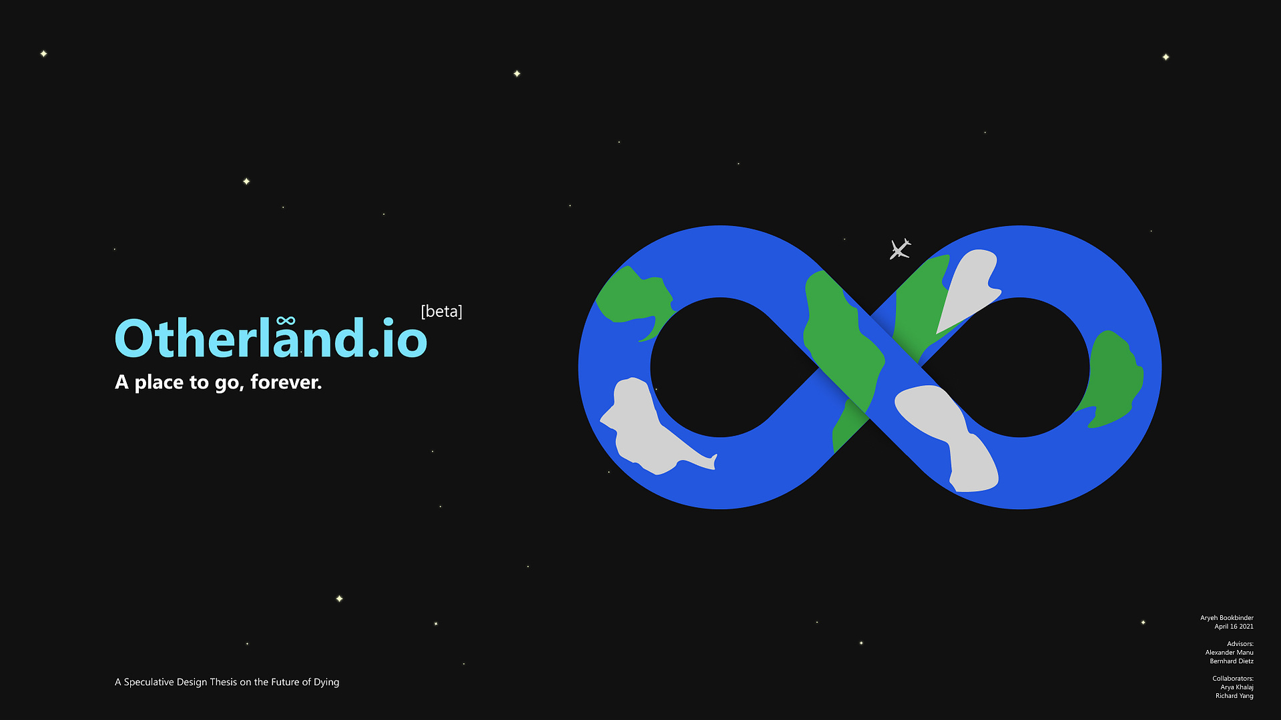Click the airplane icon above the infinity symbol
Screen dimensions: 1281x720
(900, 249)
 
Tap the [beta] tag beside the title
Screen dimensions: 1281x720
(441, 311)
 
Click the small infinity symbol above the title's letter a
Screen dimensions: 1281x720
(286, 321)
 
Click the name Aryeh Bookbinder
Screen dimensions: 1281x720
(1227, 618)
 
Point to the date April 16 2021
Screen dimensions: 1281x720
(1234, 627)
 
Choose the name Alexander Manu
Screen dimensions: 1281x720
(1230, 653)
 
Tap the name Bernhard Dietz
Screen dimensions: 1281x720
(1232, 661)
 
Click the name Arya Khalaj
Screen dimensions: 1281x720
(1237, 687)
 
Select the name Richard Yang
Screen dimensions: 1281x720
(1234, 696)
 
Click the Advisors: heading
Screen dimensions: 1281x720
(1240, 644)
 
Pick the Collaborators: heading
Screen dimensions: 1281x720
(1233, 679)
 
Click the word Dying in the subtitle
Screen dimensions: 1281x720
(326, 682)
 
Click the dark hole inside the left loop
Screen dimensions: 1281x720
(720, 367)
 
